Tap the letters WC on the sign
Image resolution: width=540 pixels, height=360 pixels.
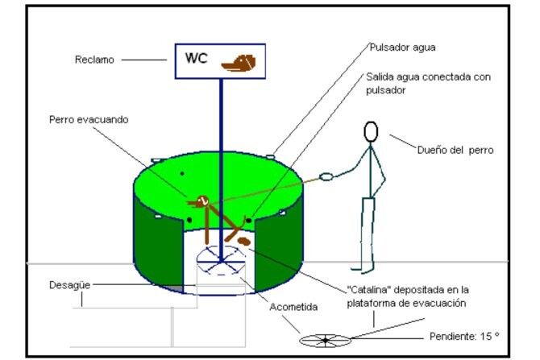coord(196,58)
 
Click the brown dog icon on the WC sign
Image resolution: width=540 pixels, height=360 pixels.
coord(240,61)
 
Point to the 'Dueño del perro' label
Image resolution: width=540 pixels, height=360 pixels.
coord(455,149)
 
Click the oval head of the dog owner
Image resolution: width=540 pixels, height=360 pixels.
coord(371,131)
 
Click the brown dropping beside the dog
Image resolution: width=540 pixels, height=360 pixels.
coord(243,239)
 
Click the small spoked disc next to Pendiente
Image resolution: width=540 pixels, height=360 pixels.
coord(325,341)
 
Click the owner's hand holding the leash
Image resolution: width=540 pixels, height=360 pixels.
coord(326,176)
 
